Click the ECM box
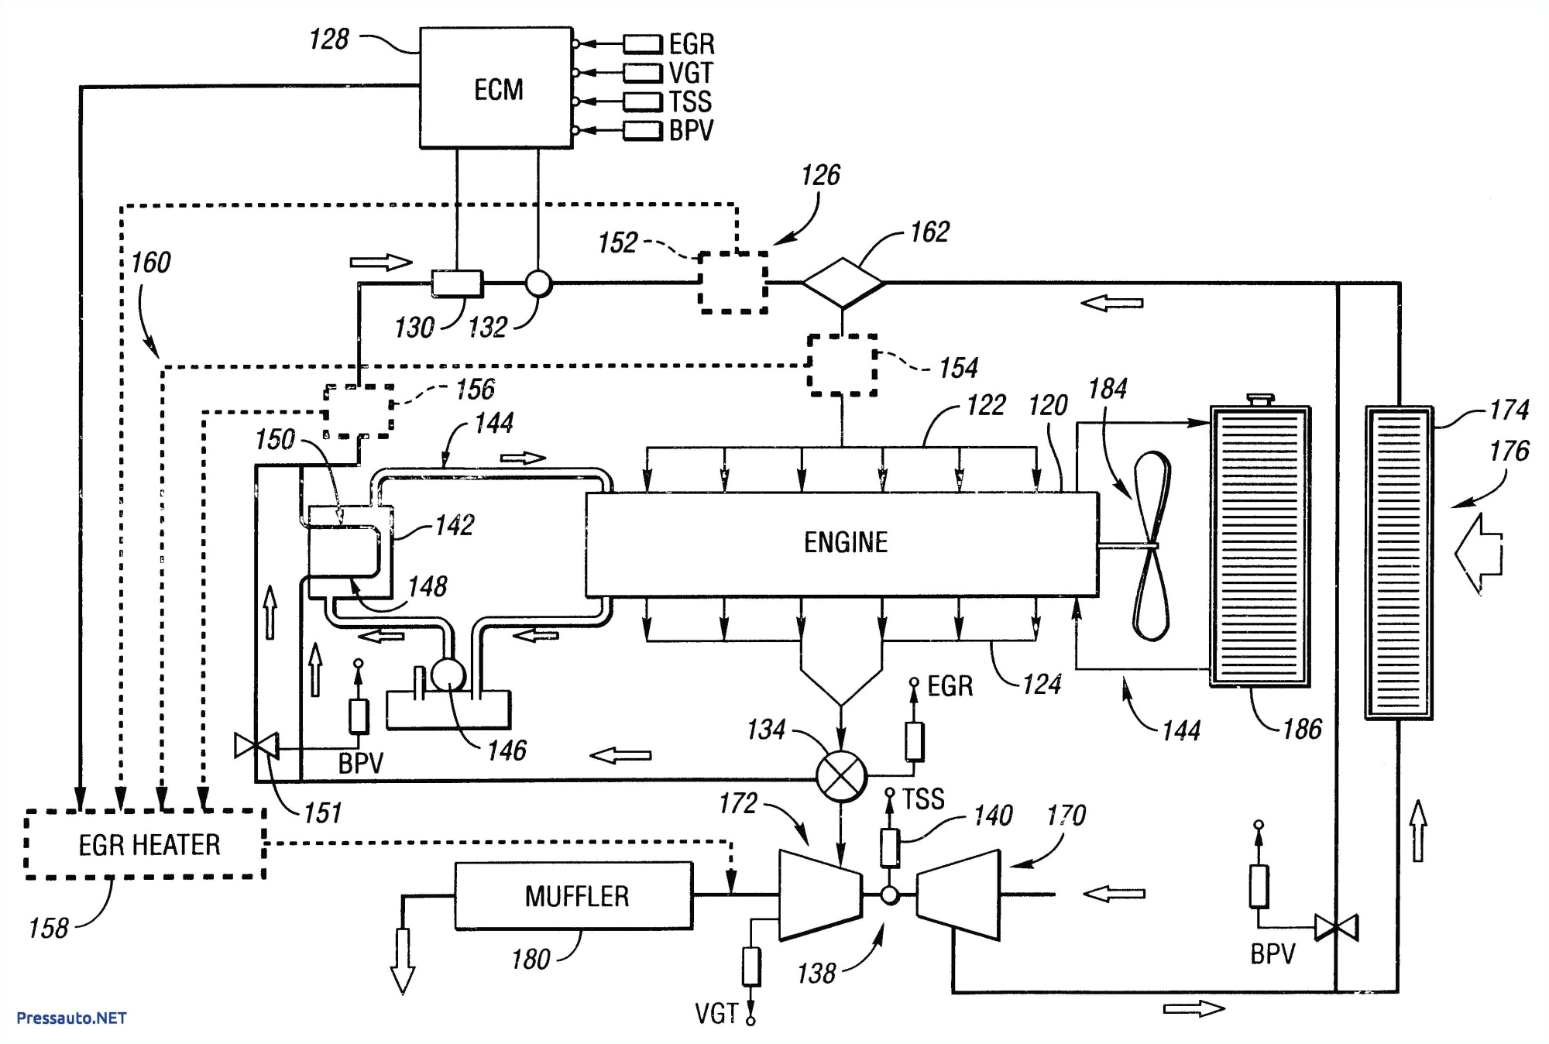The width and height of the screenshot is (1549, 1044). pyautogui.click(x=496, y=88)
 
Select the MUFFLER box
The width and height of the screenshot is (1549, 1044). pyautogui.click(x=574, y=896)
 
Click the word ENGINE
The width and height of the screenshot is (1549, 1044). pyautogui.click(x=845, y=542)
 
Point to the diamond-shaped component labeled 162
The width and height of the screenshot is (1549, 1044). pyautogui.click(x=843, y=283)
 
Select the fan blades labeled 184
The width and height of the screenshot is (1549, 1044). pyautogui.click(x=1152, y=546)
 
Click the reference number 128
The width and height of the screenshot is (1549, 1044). pyautogui.click(x=328, y=39)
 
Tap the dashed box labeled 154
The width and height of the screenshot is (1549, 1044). pyautogui.click(x=842, y=365)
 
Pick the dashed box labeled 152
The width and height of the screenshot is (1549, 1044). pyautogui.click(x=733, y=281)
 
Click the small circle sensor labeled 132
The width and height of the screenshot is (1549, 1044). pyautogui.click(x=538, y=283)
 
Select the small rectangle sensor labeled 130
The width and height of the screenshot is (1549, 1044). pyautogui.click(x=457, y=283)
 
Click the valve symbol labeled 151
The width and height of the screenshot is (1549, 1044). pyautogui.click(x=256, y=747)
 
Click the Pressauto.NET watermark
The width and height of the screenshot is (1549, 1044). pyautogui.click(x=71, y=1018)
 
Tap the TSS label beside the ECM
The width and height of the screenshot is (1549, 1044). pyautogui.click(x=690, y=101)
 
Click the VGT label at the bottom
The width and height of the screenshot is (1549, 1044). pyautogui.click(x=716, y=1014)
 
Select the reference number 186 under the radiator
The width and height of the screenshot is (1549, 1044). pyautogui.click(x=1302, y=729)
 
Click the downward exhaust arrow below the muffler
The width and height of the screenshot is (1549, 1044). pyautogui.click(x=403, y=960)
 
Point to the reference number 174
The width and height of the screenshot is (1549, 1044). pyautogui.click(x=1508, y=409)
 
